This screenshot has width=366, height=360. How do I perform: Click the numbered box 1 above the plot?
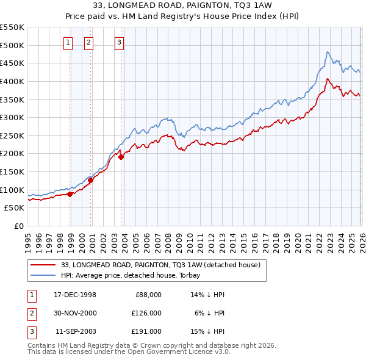click(67, 42)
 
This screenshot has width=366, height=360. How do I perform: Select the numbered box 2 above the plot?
click(88, 42)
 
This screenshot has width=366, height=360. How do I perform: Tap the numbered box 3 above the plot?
click(118, 42)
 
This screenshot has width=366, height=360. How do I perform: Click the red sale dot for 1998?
click(70, 194)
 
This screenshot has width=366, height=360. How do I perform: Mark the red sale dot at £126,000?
click(91, 180)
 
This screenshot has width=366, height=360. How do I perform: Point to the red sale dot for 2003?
click(121, 157)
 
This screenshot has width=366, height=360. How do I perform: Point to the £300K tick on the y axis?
click(12, 117)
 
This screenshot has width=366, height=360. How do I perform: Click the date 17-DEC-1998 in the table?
click(75, 295)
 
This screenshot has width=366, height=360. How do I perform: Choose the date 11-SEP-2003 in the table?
click(75, 331)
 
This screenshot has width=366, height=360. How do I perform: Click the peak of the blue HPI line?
click(328, 52)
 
